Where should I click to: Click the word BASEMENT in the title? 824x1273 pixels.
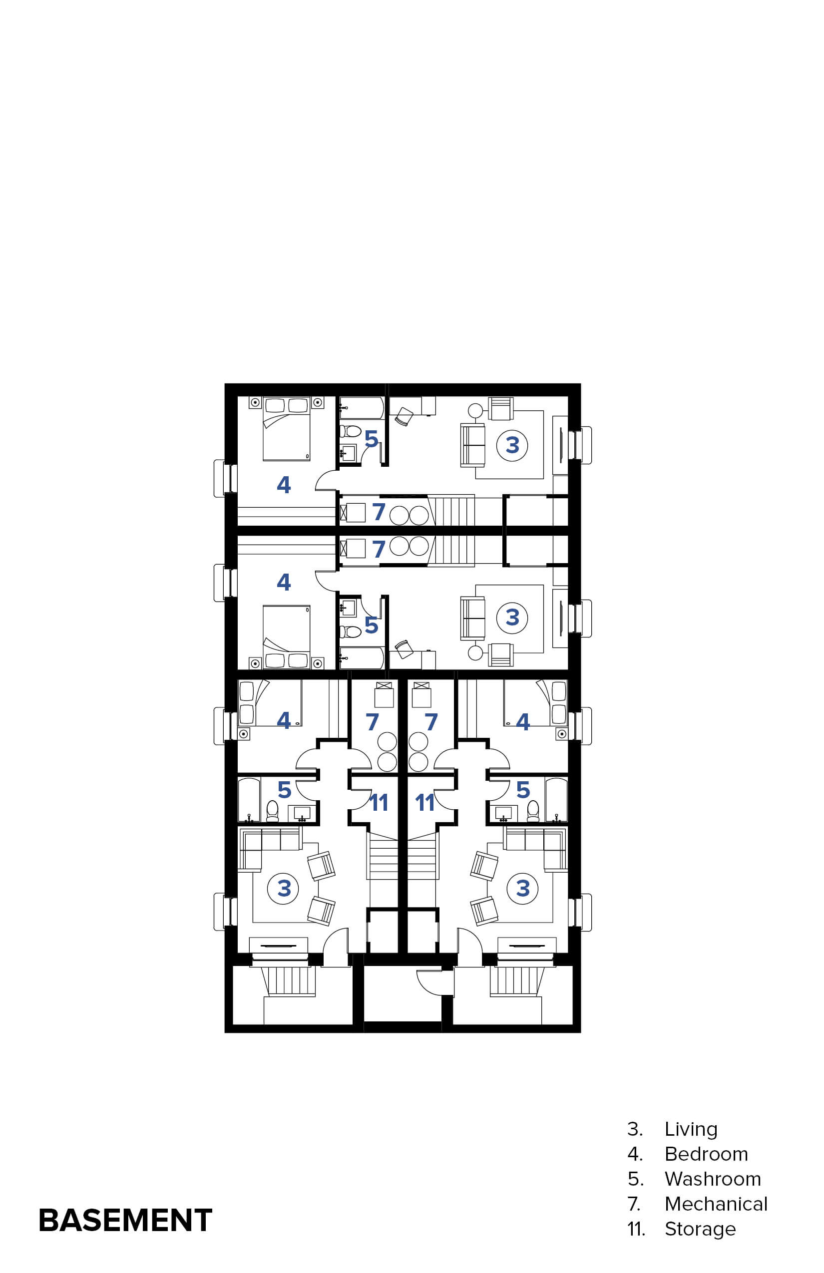(125, 1220)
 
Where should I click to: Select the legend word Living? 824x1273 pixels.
(691, 1129)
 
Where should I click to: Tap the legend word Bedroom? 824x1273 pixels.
(706, 1154)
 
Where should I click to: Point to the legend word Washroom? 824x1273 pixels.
(713, 1179)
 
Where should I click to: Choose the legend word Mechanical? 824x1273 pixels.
(716, 1204)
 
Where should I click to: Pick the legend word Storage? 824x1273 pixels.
(700, 1229)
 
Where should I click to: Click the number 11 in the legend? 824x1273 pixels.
(636, 1229)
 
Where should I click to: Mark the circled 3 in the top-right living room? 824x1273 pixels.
(512, 445)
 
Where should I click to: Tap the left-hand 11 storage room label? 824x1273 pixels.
(379, 802)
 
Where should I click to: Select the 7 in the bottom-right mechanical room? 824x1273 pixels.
(431, 722)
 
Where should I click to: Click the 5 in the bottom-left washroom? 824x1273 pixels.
(284, 790)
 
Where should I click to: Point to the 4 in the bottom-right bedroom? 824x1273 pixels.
(523, 721)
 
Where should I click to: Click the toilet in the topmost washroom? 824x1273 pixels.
(351, 430)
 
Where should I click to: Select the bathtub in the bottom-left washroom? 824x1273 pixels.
(249, 800)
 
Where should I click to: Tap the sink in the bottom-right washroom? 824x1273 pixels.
(503, 813)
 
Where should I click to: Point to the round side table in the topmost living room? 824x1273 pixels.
(475, 411)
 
